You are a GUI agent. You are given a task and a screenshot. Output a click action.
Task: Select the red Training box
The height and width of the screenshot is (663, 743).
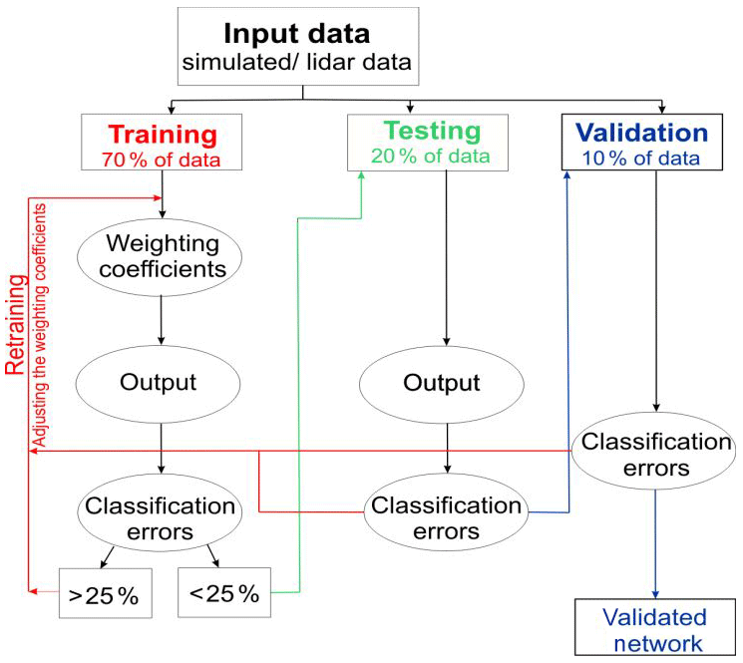(x=163, y=143)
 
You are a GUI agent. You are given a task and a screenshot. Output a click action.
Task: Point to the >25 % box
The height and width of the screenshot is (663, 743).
(x=103, y=597)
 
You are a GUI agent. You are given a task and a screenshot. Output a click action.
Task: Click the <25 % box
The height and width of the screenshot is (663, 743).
(x=223, y=595)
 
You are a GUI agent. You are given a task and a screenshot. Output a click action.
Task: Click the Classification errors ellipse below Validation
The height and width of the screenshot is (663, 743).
(x=654, y=454)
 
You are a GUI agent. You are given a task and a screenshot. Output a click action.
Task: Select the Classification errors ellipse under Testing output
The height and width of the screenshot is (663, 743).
(x=446, y=517)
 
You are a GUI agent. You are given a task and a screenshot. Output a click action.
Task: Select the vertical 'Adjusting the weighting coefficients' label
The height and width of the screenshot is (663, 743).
(x=40, y=324)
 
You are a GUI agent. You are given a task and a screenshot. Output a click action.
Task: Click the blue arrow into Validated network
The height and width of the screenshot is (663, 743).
(x=655, y=548)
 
